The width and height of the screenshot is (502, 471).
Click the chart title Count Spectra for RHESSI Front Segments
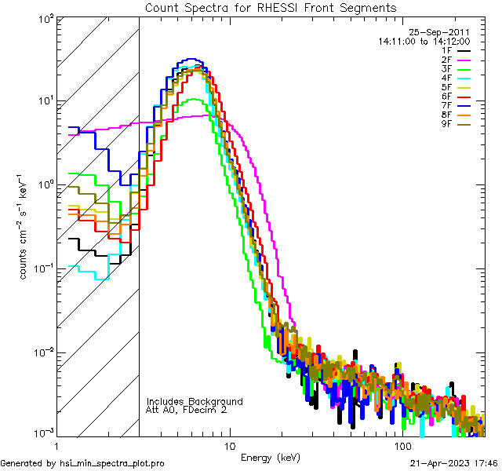click(x=270, y=8)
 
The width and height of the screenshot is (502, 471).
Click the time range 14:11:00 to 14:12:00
click(x=424, y=41)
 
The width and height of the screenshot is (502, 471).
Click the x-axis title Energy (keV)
click(x=270, y=458)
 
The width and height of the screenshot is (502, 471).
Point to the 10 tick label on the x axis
click(x=229, y=446)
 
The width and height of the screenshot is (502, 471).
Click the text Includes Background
click(x=195, y=402)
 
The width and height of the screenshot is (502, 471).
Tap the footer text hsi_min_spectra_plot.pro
click(x=112, y=464)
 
